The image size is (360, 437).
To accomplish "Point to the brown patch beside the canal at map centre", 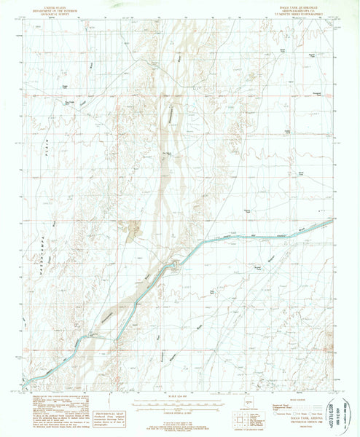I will pyautogui.click(x=133, y=231).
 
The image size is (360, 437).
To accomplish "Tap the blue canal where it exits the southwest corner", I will pyautogui.click(x=26, y=381).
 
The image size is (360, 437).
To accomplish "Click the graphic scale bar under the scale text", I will pyautogui.click(x=180, y=403).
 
